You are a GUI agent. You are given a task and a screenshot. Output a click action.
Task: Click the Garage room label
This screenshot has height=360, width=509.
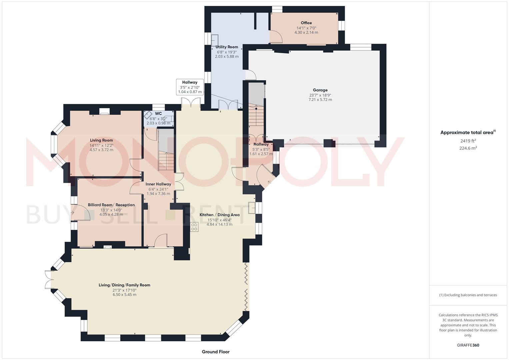[x=320, y=90]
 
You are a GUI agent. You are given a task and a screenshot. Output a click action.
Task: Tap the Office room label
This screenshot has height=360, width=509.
[x=306, y=23]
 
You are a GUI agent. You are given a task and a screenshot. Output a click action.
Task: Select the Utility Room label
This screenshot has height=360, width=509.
[x=227, y=47]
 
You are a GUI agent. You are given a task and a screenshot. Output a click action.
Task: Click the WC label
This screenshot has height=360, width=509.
[x=158, y=114]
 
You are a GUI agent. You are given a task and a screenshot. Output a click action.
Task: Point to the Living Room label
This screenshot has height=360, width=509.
[x=101, y=140]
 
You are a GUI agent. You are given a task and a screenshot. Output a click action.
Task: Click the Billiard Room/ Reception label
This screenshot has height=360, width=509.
[x=111, y=205]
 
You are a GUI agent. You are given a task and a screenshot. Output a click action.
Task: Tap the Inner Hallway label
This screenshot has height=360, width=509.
[x=158, y=184]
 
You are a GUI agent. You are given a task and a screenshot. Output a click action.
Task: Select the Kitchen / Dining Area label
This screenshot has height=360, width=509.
[x=219, y=215]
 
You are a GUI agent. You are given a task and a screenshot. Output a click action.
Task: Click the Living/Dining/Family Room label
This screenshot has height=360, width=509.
[x=124, y=285]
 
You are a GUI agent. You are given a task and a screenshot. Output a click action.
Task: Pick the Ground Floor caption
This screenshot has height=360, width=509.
[x=216, y=352]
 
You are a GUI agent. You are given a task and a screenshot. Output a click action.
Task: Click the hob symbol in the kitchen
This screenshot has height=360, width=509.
[x=194, y=227]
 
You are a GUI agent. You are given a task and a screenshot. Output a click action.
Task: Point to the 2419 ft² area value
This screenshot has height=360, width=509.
[x=468, y=141]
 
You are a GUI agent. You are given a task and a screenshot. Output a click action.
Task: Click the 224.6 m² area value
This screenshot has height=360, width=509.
[x=468, y=148]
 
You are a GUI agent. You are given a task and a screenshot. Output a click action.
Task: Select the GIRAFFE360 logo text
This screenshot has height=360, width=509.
[x=468, y=345]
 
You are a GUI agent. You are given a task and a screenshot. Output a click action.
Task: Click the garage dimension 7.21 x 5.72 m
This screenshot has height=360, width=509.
[x=320, y=100]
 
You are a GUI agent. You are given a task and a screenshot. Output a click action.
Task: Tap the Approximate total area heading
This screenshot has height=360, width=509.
[x=468, y=133]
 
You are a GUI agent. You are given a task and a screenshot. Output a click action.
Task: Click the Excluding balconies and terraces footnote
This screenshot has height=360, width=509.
[x=468, y=295]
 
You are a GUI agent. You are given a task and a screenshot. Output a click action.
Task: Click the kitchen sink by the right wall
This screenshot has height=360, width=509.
[x=252, y=208]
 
